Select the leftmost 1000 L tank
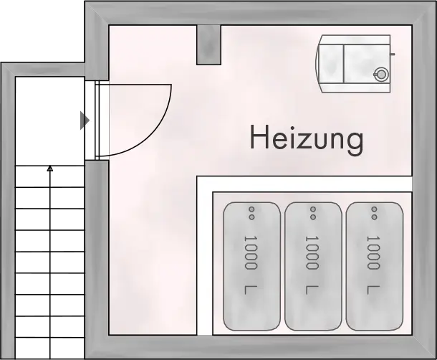[251, 264]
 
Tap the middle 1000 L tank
[312, 264]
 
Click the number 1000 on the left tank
[251, 252]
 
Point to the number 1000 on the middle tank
[312, 252]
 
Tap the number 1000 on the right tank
[372, 252]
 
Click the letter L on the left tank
[251, 290]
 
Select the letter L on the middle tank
[312, 290]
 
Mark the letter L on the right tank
[372, 290]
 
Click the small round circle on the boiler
[380, 72]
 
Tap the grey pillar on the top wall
[209, 44]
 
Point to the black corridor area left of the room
[47, 215]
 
